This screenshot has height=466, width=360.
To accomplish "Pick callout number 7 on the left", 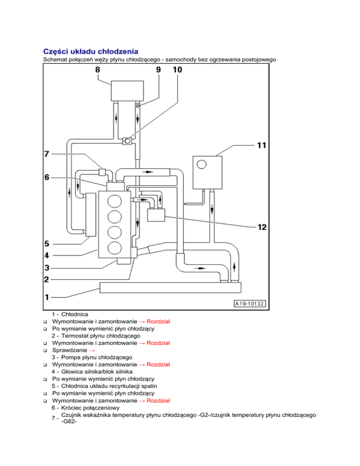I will coord(46,153).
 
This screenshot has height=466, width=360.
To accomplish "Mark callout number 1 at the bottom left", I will coord(46,297).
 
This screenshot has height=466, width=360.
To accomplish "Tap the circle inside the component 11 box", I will coord(202,164).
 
